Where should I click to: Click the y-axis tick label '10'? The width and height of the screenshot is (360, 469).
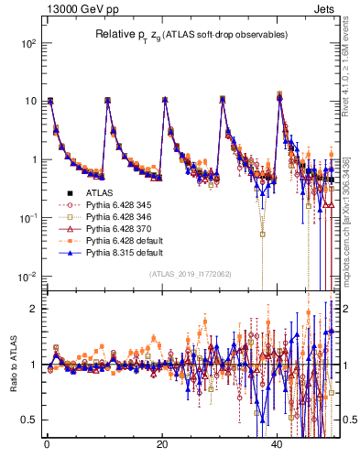click(29, 102)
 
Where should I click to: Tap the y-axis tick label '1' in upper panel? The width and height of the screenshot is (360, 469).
click(33, 159)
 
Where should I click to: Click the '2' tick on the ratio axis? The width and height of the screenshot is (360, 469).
click(33, 309)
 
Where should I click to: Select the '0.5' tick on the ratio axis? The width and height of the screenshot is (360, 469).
click(29, 420)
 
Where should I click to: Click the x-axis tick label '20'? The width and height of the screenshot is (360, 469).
click(162, 445)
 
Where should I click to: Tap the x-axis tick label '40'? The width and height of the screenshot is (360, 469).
click(278, 445)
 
